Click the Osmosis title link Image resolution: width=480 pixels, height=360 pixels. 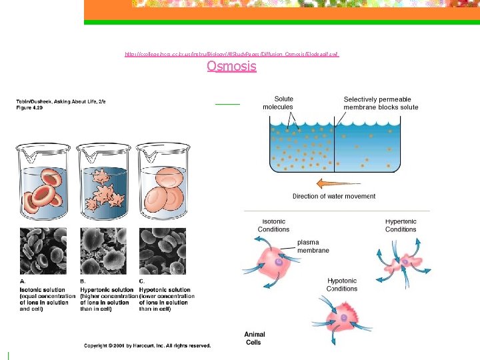[x=231, y=66]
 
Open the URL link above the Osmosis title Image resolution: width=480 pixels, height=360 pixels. [x=232, y=53]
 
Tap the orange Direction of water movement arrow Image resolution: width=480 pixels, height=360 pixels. [x=333, y=182]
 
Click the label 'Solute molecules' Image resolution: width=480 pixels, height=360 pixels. [x=278, y=103]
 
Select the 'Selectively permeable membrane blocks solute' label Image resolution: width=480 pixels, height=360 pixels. [x=381, y=103]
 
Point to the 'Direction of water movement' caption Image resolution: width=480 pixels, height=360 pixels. [x=334, y=196]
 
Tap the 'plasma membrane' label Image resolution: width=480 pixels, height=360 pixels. [x=307, y=247]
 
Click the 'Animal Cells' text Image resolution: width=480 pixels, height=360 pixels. [x=253, y=339]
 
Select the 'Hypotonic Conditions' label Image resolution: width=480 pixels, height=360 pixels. [x=342, y=285]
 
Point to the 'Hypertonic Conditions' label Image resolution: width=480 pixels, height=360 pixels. [x=400, y=225]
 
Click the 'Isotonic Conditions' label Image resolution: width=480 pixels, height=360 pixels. [x=273, y=225]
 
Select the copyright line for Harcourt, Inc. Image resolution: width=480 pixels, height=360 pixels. [x=147, y=345]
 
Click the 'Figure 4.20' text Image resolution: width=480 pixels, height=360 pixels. [x=31, y=107]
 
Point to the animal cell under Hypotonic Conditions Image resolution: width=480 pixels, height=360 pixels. [x=345, y=313]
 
